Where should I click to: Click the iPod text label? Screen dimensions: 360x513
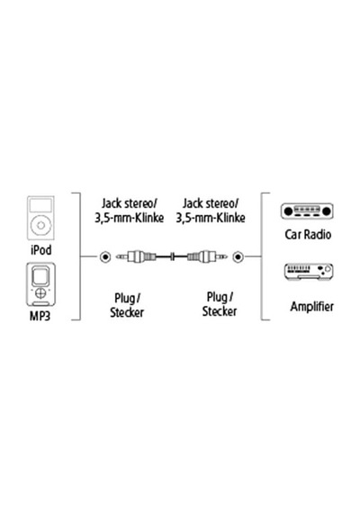pos(40,250)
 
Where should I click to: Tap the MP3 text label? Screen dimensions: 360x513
pos(40,316)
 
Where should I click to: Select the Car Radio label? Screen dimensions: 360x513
pos(308,234)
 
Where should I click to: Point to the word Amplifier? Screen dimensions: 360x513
pos(312,307)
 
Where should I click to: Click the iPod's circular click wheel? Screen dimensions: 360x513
pos(40,225)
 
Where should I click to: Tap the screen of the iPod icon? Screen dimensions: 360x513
pos(40,205)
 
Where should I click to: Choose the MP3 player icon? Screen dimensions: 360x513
pos(40,284)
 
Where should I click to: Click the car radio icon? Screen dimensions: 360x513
pos(307,211)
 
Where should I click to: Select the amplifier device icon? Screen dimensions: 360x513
pos(308,272)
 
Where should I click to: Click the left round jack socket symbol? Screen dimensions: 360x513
pos(105,257)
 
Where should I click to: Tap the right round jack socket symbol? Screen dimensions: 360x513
pos(238,257)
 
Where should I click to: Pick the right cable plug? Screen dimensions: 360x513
pos(207,256)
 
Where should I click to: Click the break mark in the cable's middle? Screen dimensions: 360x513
pos(173,256)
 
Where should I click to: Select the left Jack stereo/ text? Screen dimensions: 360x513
pos(130,203)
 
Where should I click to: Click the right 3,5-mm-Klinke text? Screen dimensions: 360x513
pos(211,218)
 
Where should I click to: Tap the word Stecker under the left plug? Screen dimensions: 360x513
pos(127,312)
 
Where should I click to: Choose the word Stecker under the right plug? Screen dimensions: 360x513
pos(220,311)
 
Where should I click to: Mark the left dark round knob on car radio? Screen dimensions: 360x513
pos(288,211)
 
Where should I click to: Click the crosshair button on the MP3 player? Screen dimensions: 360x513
pos(40,292)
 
